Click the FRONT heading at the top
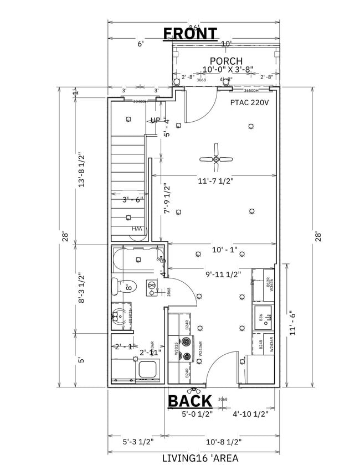click(190, 34)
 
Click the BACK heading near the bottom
click(190, 400)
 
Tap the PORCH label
click(226, 60)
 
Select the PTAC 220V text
click(249, 102)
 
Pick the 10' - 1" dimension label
click(224, 250)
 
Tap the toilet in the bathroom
click(117, 287)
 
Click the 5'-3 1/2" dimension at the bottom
click(138, 442)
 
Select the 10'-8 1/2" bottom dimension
click(224, 442)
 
